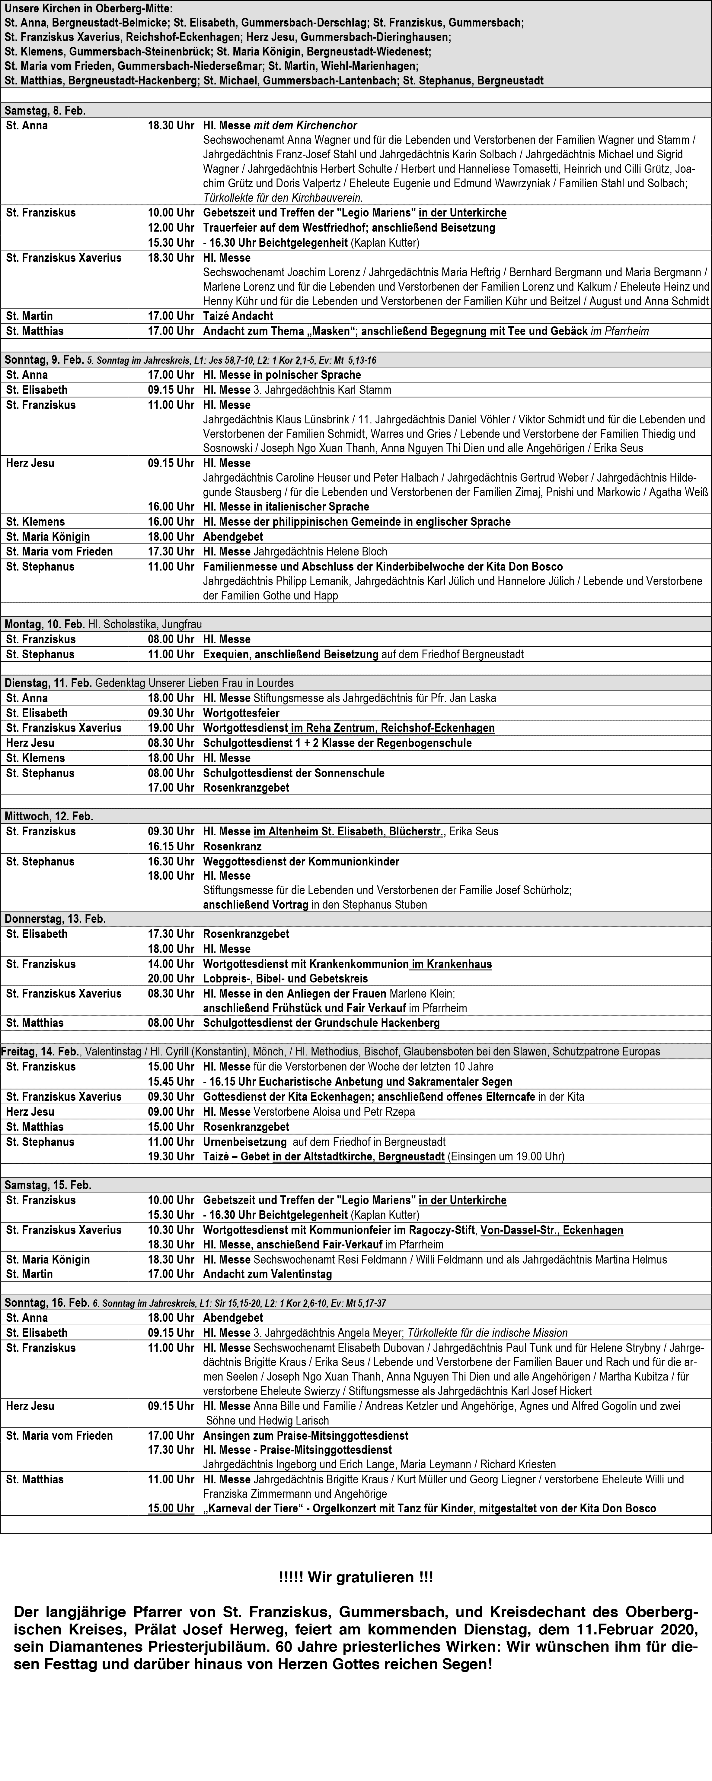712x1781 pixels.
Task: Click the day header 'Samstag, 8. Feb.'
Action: pos(45,111)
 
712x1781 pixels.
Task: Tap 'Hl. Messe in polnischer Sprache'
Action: pos(282,375)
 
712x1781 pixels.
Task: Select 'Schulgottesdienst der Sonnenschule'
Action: pos(293,773)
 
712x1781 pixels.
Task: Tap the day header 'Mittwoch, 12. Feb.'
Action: pos(48,816)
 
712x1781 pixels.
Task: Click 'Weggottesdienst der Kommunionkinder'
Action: pos(300,862)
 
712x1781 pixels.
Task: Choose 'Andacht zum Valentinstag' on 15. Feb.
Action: pos(267,1273)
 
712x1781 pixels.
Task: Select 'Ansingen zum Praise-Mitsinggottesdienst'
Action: pos(305,1435)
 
